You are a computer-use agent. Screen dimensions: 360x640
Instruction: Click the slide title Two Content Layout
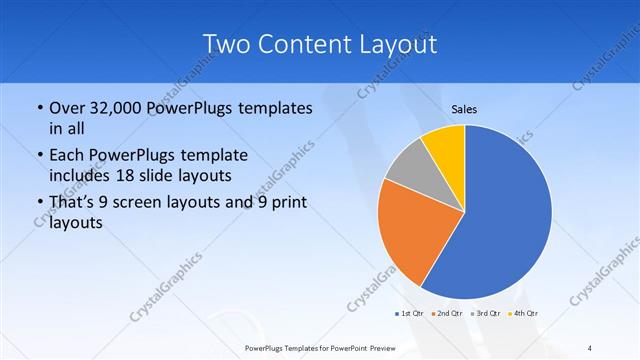319,44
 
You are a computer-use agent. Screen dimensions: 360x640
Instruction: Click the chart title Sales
463,109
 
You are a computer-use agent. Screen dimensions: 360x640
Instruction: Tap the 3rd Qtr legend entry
486,313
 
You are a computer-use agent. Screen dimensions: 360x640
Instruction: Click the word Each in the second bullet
68,156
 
